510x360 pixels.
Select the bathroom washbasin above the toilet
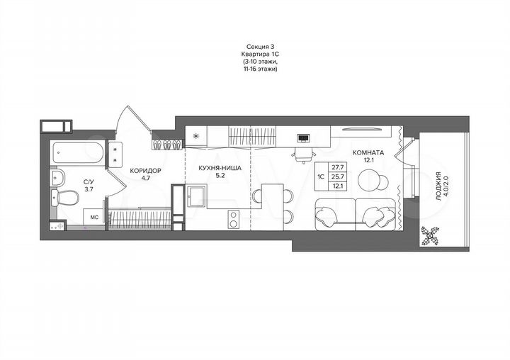58,177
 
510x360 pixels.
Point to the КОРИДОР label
145,171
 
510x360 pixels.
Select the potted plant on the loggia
429,235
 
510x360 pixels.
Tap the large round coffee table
373,182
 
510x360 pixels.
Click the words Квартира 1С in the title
257,55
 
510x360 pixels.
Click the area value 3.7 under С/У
89,189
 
